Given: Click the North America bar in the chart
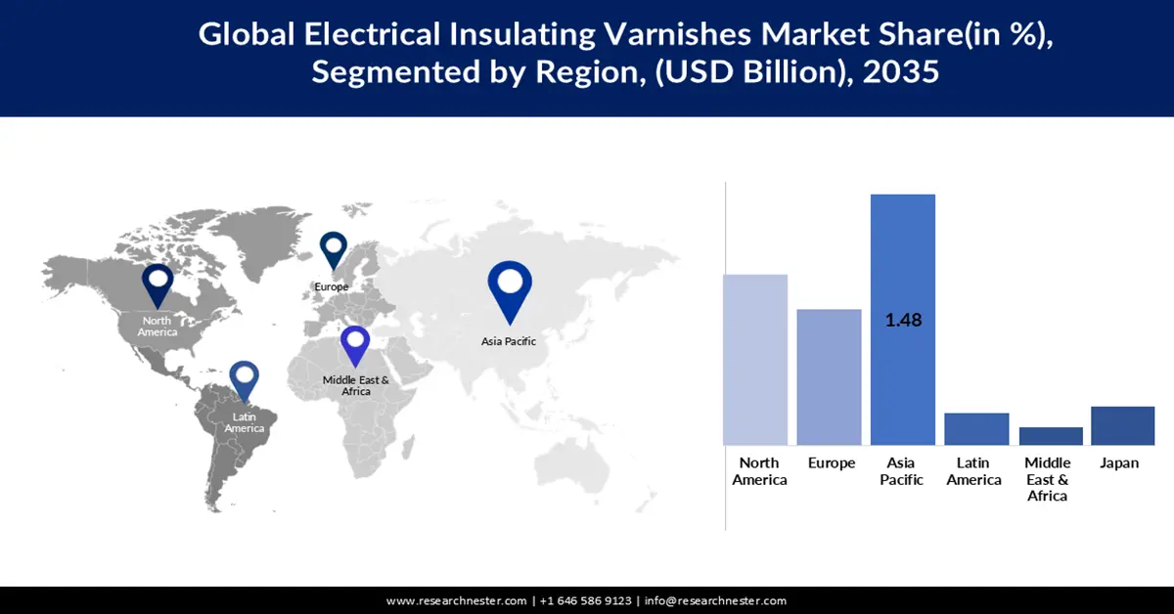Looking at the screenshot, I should (x=754, y=360).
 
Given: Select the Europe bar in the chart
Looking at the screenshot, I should (x=829, y=377).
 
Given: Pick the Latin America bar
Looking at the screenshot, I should (x=975, y=429).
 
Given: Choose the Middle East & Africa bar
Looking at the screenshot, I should (x=1050, y=436).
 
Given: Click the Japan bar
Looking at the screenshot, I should (x=1122, y=425).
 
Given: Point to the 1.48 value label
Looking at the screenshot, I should (x=903, y=320).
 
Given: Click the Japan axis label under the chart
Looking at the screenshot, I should (x=1119, y=462).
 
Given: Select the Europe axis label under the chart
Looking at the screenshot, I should (x=832, y=462).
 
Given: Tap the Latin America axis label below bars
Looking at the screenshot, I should (x=974, y=471).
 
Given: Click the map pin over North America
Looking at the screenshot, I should (x=158, y=285).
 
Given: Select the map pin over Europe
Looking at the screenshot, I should (x=334, y=248).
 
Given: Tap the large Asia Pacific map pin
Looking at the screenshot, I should (x=510, y=288).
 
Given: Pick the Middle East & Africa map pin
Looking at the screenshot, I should (x=354, y=347).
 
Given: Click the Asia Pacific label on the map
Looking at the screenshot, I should (x=508, y=341).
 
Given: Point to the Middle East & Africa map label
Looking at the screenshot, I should (x=356, y=385).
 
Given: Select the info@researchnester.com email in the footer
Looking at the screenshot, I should (x=715, y=600).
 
